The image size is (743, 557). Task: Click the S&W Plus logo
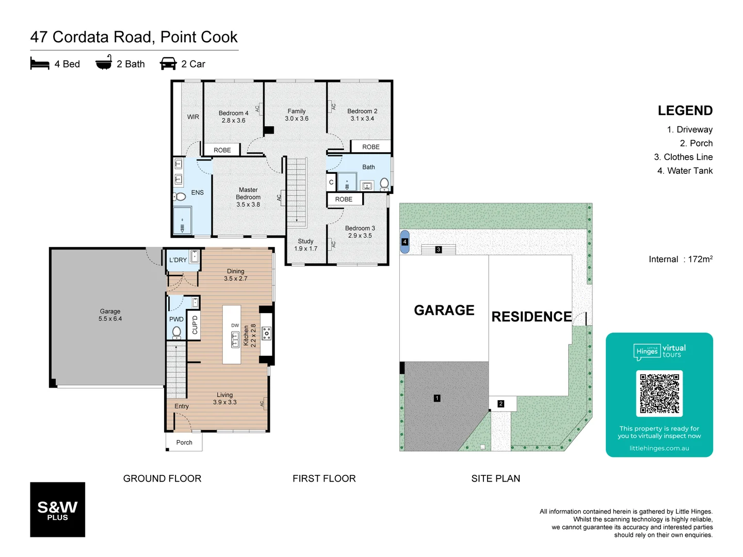57,510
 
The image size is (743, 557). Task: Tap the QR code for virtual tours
659,394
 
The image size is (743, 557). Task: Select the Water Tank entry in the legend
685,171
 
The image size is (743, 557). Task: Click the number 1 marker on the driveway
437,398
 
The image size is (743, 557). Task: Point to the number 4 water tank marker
405,242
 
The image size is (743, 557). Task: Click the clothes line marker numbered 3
438,250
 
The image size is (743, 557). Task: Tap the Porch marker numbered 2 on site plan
500,404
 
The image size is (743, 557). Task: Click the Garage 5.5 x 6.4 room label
110,315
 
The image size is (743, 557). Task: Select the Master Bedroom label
248,197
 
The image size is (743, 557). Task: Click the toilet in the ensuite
179,196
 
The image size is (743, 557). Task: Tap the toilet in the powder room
176,332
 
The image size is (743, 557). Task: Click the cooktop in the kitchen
266,334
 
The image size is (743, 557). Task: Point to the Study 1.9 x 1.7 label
305,245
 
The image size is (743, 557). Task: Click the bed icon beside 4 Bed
40,63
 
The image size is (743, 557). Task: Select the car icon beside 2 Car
168,63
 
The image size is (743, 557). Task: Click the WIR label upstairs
193,117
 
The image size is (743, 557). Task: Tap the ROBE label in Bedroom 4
222,150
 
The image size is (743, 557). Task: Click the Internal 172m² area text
680,259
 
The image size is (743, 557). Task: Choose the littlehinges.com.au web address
659,448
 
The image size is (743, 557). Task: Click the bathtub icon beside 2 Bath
104,62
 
